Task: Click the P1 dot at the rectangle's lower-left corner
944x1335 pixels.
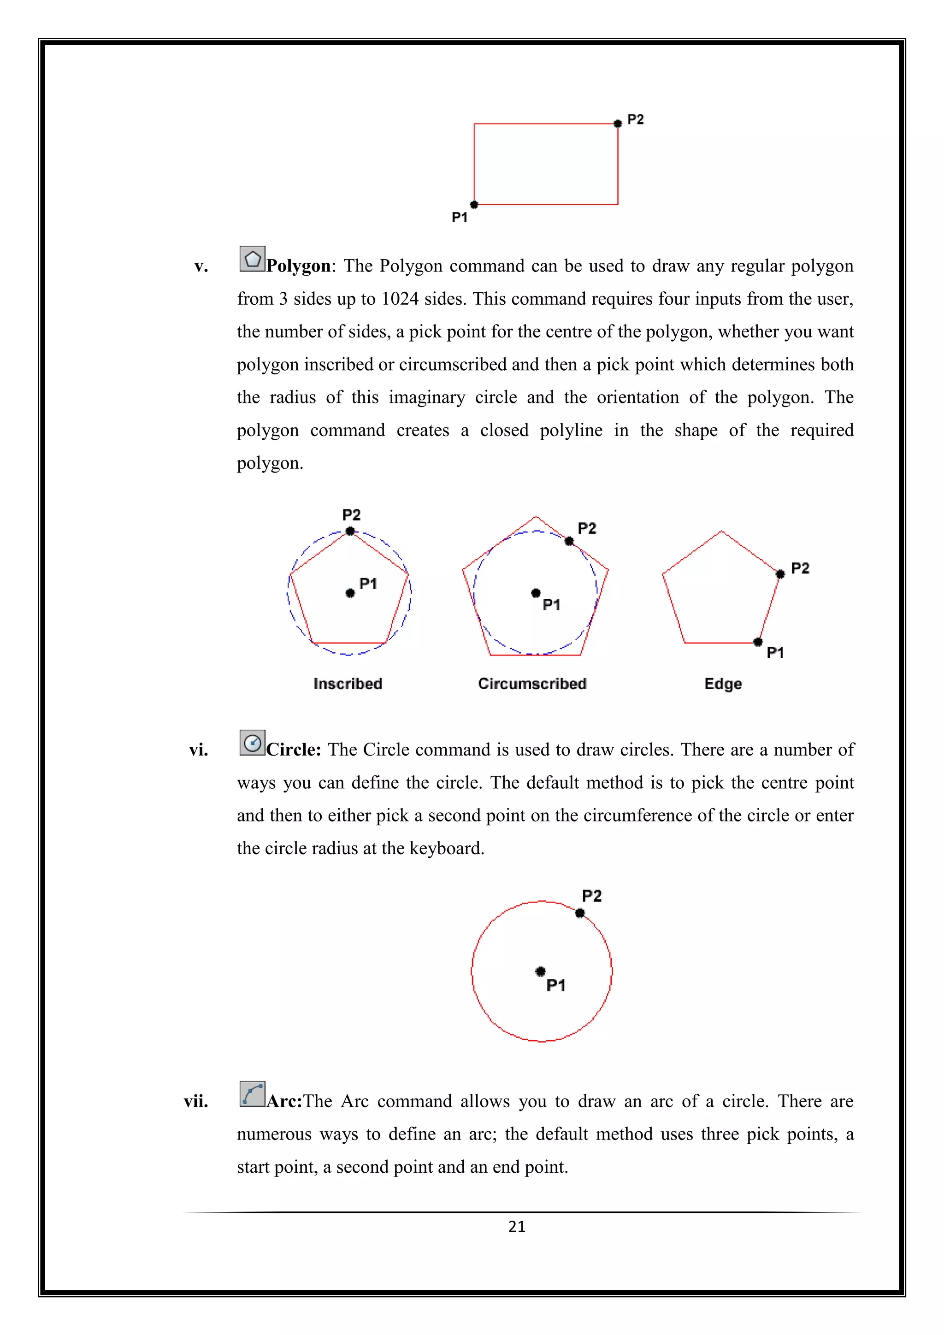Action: [474, 205]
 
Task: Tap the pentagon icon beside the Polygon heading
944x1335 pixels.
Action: [252, 259]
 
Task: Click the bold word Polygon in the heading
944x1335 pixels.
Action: [298, 266]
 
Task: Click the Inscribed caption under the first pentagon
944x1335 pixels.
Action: [348, 684]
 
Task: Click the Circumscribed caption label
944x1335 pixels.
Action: [532, 684]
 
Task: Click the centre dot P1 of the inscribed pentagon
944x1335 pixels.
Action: [350, 593]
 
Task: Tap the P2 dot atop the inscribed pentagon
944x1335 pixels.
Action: [350, 531]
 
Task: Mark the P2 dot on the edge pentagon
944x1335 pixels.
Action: [780, 574]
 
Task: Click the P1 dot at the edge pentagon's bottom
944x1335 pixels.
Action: [757, 642]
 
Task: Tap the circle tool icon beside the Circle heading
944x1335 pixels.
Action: [252, 743]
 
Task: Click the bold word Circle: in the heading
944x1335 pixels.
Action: [294, 750]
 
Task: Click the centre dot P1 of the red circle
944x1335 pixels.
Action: [540, 972]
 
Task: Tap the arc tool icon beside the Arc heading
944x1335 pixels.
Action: [252, 1094]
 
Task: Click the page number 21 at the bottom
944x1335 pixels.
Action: [516, 1227]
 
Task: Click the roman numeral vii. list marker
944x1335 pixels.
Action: [196, 1102]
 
